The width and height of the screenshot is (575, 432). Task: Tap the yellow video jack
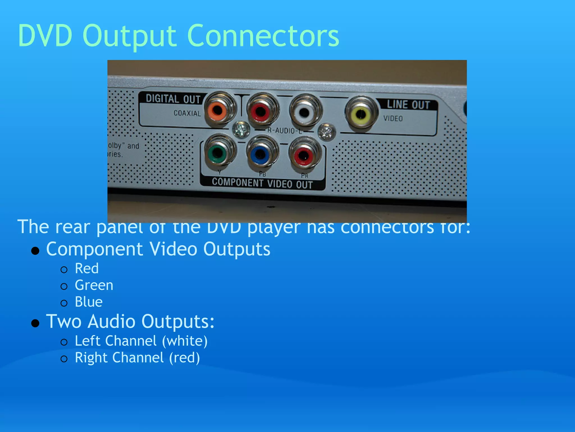pos(361,114)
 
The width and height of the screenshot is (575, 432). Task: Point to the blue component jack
pos(261,154)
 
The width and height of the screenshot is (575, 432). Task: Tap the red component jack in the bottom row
pos(304,155)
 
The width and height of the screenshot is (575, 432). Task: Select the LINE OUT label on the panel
pos(408,105)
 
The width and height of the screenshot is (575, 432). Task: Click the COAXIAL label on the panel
pos(187,113)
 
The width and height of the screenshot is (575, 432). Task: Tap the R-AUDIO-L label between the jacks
pos(284,130)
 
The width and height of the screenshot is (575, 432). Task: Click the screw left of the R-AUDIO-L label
pos(241,129)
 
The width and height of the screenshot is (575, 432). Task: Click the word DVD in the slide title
pos(45,36)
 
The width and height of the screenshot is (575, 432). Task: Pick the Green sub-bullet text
pos(94,285)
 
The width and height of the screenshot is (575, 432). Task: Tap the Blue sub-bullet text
pos(89,302)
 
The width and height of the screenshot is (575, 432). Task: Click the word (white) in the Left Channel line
pos(185,341)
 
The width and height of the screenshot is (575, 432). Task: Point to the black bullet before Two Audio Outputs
pos(35,323)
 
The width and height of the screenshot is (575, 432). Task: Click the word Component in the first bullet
pos(95,249)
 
